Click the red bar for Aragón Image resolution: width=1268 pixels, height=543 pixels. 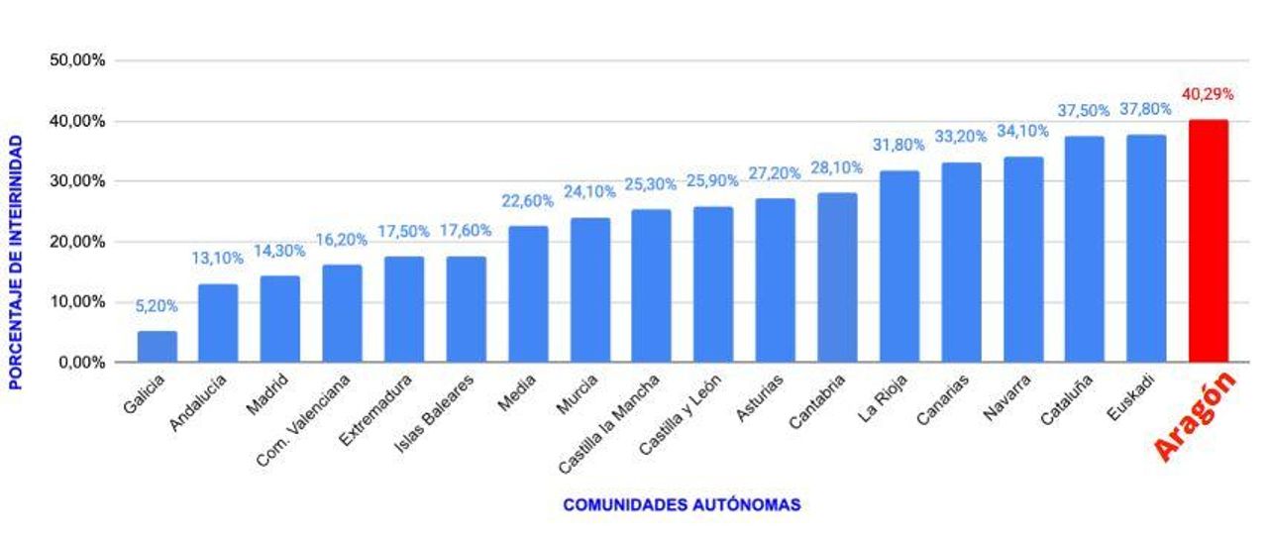pos(1209,241)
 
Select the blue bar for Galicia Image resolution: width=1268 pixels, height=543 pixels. pos(158,347)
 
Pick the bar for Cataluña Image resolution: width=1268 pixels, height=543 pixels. pos(1085,249)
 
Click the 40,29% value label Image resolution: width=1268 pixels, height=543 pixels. pos(1208,95)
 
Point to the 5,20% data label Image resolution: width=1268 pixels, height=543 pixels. pos(157,306)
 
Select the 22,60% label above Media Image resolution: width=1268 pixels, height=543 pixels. pos(528,201)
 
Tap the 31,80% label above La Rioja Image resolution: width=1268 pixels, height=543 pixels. pos(898,145)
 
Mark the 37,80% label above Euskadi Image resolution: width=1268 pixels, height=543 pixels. pos(1146,109)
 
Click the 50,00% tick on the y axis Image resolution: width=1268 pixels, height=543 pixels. pos(77,60)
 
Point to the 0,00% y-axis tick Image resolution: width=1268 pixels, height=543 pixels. pos(81,363)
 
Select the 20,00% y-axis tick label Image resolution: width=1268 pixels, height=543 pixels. pos(77,242)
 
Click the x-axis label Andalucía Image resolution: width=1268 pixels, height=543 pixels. pos(199,401)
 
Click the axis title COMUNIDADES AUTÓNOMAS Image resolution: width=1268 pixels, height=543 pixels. pos(682,505)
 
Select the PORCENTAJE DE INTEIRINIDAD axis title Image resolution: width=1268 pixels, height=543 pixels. pos(16,262)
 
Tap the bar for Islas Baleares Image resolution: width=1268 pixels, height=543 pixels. pos(467,309)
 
